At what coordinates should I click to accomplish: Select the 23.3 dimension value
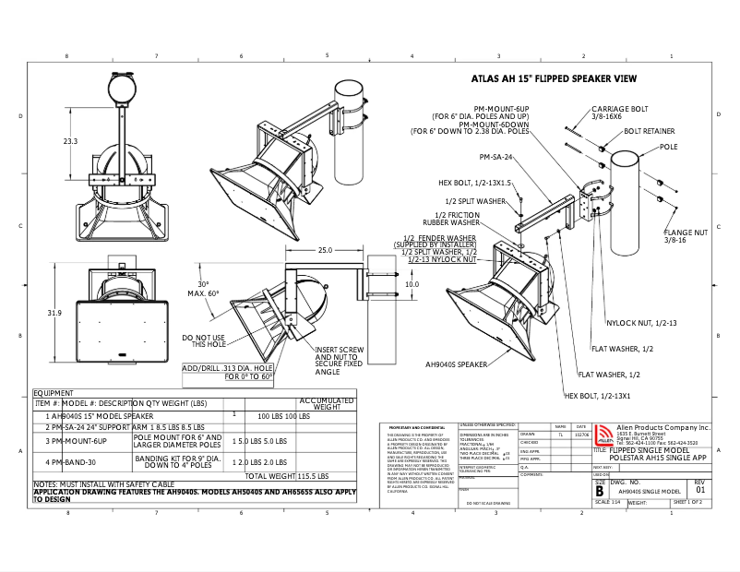coord(71,141)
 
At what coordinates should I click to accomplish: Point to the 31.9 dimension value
coord(54,314)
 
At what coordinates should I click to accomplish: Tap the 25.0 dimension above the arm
coord(325,250)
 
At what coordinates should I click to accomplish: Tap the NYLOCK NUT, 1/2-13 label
coord(641,323)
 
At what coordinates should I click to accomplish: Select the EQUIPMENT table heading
coord(54,392)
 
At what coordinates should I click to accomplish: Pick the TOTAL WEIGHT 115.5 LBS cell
coord(287,476)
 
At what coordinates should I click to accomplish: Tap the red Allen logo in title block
coord(603,436)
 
